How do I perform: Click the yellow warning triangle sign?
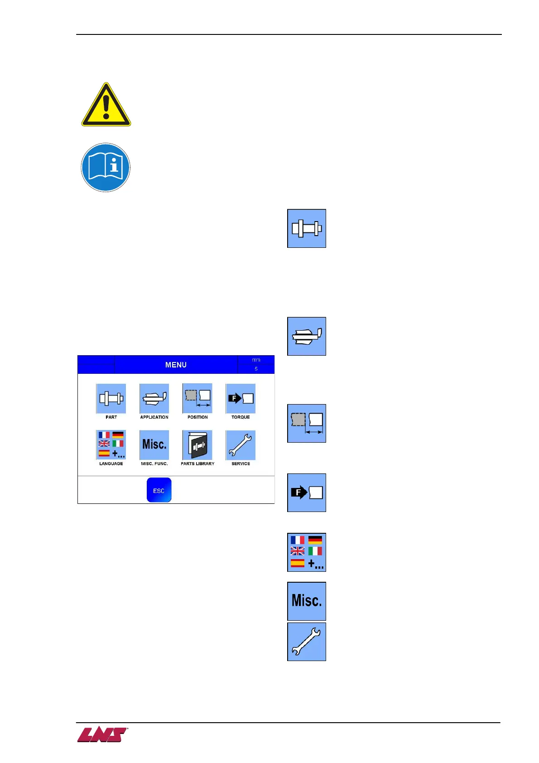[x=106, y=106]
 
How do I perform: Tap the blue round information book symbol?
[x=106, y=168]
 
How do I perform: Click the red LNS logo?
[x=102, y=734]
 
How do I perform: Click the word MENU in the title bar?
[x=176, y=365]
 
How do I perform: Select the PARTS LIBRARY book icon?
[x=197, y=445]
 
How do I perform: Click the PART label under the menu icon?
[x=111, y=417]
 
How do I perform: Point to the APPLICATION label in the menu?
[x=154, y=417]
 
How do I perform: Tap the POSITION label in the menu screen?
[x=197, y=417]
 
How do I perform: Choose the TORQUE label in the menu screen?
[x=241, y=417]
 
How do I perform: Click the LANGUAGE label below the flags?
[x=111, y=464]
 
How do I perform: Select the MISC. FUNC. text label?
[x=154, y=464]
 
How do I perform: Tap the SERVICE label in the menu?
[x=241, y=464]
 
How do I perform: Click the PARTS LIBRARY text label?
[x=197, y=464]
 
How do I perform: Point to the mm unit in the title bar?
[x=256, y=360]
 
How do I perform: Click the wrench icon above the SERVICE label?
[x=241, y=445]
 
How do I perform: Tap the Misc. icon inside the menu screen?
[x=154, y=444]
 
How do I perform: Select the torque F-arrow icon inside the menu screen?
[x=241, y=399]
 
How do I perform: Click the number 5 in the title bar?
[x=256, y=369]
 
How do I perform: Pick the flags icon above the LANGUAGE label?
[x=111, y=444]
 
